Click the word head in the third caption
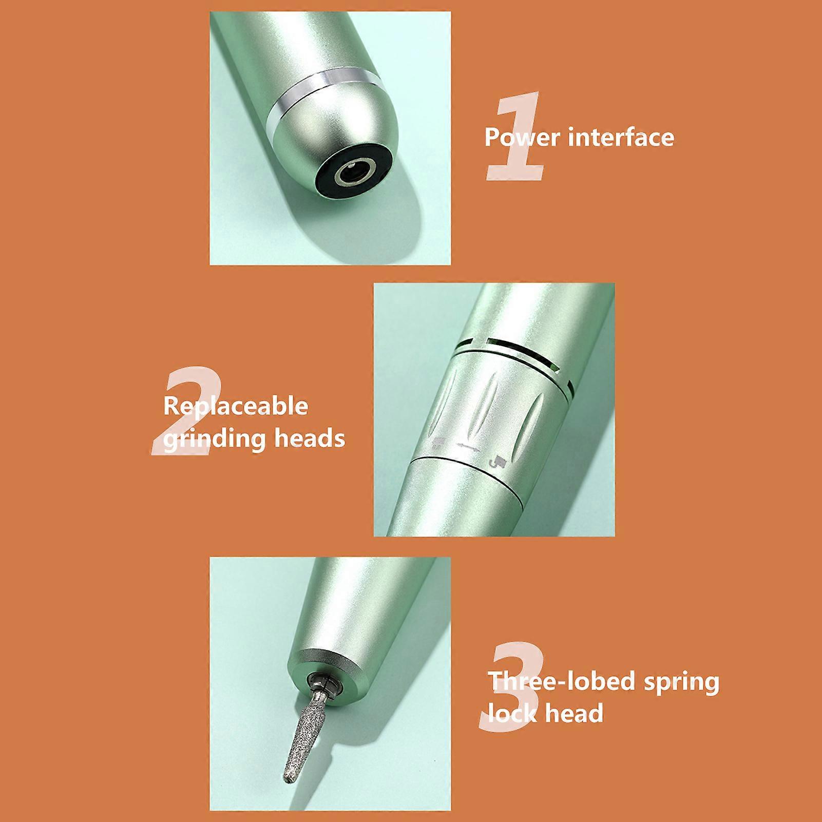574,714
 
